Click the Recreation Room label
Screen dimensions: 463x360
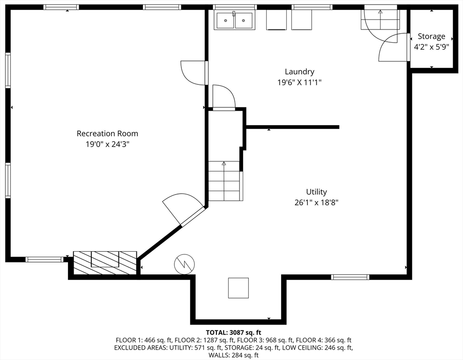[107, 134]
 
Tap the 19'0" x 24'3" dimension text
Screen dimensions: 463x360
[107, 144]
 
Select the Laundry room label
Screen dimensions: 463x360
[299, 72]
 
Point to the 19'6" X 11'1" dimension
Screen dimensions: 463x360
[299, 82]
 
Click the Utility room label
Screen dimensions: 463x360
[316, 192]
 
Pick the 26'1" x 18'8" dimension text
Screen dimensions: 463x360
[316, 202]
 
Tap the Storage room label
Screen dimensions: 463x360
[432, 37]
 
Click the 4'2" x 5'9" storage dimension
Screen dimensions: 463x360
[432, 47]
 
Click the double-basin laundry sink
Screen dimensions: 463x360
[235, 20]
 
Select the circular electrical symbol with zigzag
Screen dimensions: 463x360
[185, 264]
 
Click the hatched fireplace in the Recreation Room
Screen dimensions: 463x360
[105, 262]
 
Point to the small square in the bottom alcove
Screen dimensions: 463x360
[238, 288]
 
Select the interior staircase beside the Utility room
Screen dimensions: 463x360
[225, 181]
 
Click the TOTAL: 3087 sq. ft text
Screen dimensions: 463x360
[233, 333]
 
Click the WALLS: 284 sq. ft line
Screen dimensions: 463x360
[233, 355]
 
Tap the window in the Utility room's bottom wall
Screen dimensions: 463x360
[350, 277]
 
